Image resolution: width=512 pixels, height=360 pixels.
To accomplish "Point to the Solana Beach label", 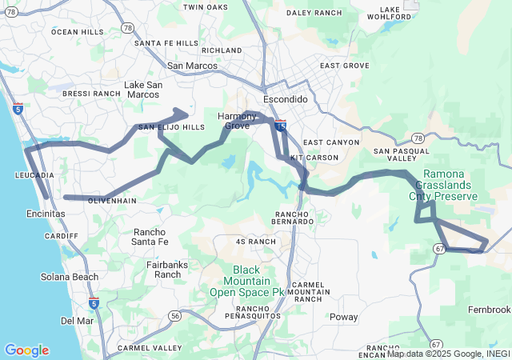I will tap(70, 277).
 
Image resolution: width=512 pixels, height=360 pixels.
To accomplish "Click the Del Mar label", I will tap(77, 321).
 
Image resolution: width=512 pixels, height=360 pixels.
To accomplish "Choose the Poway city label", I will tap(344, 317).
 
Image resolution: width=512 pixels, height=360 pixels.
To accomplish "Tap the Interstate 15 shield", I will tap(280, 125).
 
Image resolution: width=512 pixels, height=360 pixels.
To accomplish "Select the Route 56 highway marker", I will tap(174, 316).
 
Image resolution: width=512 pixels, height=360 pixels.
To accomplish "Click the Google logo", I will tap(26, 350).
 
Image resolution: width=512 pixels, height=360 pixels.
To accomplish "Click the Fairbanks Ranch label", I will tap(168, 269).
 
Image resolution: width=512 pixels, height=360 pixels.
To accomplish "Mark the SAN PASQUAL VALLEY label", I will tap(405, 155).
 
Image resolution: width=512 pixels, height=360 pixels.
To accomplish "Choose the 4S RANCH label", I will tap(255, 241).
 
